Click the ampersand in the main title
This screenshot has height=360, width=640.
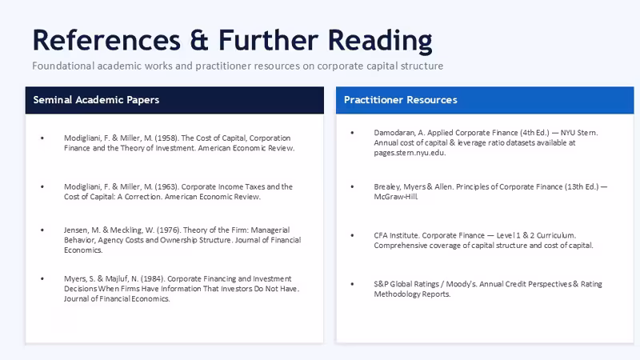pos(198,41)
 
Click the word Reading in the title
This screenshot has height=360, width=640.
pos(380,42)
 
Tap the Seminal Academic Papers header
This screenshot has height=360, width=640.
pos(96,100)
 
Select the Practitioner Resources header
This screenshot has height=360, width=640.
pos(401,100)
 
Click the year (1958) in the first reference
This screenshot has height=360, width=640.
pos(166,138)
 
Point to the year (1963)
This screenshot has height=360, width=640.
pos(166,186)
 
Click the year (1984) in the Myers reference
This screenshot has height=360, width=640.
pos(153,278)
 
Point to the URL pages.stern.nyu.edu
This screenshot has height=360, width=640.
pos(410,153)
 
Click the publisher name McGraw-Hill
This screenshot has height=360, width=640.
pos(396,197)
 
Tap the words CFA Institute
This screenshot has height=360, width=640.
pos(396,235)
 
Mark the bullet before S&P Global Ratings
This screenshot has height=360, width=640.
pos(352,284)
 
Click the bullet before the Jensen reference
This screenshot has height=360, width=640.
pos(42,230)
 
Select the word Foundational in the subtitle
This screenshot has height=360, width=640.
pos(63,66)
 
